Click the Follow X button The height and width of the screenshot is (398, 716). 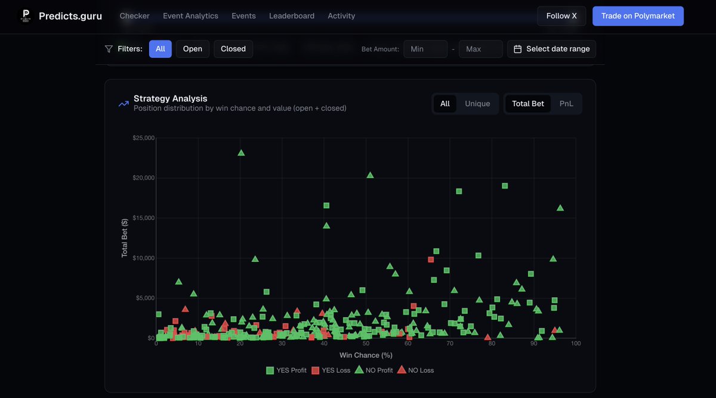(x=561, y=16)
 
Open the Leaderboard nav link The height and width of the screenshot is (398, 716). (x=292, y=16)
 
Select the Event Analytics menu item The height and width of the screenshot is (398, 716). (x=190, y=16)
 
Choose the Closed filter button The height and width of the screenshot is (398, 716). (x=233, y=49)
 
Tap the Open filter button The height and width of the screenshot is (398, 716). (x=192, y=49)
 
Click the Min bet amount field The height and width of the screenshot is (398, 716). (x=425, y=49)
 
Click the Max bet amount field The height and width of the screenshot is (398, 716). (x=480, y=49)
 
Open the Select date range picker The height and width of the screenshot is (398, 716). (x=551, y=49)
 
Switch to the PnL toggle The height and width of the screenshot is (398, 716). (x=566, y=104)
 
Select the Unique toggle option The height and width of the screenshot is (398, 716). (x=477, y=104)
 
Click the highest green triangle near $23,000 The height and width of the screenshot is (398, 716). (x=241, y=153)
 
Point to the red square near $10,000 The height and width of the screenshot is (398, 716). (x=431, y=260)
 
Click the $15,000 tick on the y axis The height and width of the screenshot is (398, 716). (x=143, y=218)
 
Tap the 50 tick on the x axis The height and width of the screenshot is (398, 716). (x=366, y=344)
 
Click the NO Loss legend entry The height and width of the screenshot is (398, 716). (x=415, y=370)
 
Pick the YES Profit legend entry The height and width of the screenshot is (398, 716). (x=286, y=370)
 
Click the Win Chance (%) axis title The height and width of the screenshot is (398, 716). (x=366, y=355)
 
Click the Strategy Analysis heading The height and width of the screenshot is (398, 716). (x=170, y=98)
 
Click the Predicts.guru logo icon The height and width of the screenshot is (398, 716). (x=25, y=16)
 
